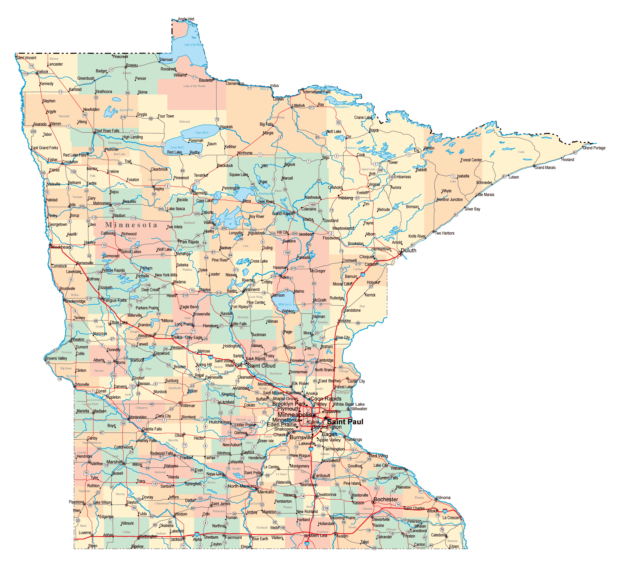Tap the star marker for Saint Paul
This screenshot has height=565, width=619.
point(325,418)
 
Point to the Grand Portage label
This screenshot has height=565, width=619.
point(594,148)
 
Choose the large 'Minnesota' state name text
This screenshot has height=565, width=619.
point(131,225)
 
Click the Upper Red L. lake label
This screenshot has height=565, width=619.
point(202,133)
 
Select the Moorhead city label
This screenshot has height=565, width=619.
point(61,247)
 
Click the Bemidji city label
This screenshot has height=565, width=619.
point(200,193)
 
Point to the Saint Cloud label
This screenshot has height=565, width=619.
point(261,366)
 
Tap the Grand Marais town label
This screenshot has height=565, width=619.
point(545,168)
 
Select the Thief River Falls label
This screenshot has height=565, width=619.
point(107,131)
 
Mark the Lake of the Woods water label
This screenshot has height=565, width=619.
point(194,45)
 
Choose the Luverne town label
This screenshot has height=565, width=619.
point(85,533)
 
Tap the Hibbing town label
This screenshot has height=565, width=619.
point(346,198)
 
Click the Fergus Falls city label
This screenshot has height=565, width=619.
point(115,300)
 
